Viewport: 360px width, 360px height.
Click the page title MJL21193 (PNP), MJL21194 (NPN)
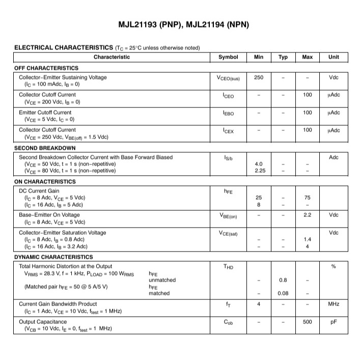coord(184,24)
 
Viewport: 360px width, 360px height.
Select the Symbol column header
coord(228,57)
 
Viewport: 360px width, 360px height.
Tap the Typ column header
coord(283,57)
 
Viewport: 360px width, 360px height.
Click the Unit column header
coord(334,57)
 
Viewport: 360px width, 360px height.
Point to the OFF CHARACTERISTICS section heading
coord(46,68)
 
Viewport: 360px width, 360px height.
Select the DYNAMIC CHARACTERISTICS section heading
coord(53,257)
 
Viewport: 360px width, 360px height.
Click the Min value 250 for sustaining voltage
coord(258,77)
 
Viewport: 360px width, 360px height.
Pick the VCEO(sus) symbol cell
coord(228,78)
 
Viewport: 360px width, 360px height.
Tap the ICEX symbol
coord(228,131)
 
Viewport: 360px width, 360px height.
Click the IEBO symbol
coord(228,113)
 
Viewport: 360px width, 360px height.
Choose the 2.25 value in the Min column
coord(258,171)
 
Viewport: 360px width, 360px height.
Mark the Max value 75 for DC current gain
coord(307,197)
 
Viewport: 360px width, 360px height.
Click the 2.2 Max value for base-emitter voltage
coord(307,215)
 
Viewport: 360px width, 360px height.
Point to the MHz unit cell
coord(334,304)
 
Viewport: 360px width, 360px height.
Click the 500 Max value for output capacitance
coord(307,322)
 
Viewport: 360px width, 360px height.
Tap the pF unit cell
coord(334,322)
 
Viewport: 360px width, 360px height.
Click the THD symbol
coord(228,266)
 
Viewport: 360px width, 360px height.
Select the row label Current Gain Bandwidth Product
coord(58,304)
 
